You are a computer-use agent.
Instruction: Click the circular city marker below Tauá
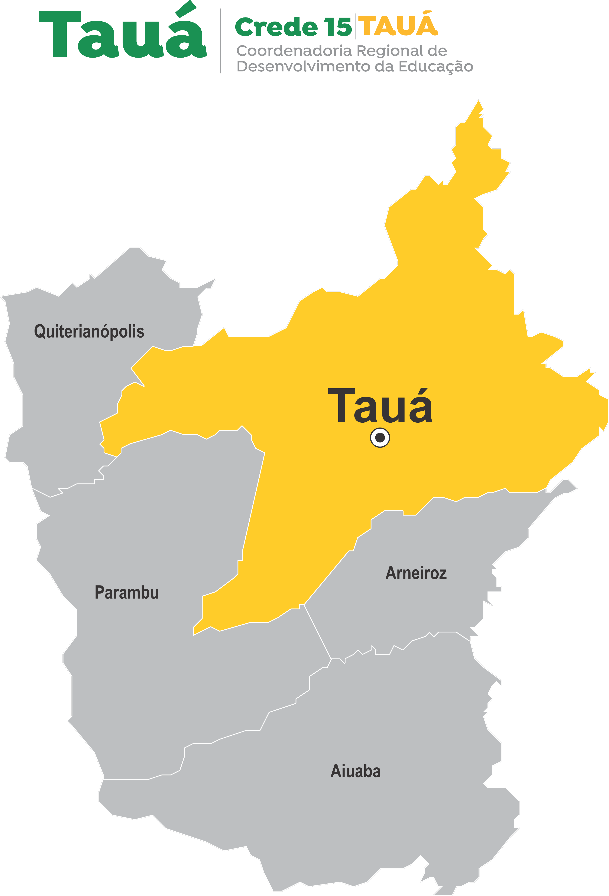[380, 438]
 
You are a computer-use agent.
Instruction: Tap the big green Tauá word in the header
[123, 35]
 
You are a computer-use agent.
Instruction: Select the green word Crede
[276, 27]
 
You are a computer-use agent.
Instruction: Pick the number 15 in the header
[338, 27]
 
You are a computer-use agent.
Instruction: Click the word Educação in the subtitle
[435, 67]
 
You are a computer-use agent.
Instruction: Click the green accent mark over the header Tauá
[186, 9]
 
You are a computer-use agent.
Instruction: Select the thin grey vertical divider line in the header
[221, 41]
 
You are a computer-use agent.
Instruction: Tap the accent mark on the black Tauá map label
[423, 393]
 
